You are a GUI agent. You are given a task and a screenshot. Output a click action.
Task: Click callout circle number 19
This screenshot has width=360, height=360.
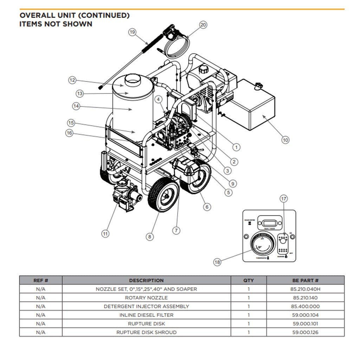132,32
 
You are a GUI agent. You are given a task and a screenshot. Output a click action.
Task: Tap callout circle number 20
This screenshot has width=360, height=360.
203,25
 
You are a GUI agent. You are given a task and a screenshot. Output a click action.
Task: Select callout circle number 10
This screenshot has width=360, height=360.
285,140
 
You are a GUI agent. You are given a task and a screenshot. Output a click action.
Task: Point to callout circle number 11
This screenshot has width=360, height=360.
105,233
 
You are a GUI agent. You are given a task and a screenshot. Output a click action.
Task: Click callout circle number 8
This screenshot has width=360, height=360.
150,237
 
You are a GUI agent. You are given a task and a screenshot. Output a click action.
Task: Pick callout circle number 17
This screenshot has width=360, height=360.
284,199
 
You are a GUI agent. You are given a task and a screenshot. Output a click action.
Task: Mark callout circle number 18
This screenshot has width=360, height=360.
218,262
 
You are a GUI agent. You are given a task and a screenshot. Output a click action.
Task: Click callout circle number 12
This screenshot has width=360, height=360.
72,80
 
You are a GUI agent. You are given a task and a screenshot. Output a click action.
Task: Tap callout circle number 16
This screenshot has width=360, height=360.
70,133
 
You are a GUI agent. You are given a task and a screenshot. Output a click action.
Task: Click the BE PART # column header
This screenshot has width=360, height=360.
305,281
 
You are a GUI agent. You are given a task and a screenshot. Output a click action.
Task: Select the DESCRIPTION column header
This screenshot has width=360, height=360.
146,281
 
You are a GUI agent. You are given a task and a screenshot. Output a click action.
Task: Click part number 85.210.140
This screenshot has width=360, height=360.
305,298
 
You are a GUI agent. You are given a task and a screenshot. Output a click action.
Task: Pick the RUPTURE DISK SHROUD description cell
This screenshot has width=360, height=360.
146,332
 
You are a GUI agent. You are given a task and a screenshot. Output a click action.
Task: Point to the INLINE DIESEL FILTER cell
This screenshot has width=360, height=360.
146,315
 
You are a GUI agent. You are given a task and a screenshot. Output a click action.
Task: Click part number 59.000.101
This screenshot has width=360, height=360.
305,324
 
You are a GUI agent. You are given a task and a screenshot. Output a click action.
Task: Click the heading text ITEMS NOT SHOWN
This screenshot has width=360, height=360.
56,24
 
